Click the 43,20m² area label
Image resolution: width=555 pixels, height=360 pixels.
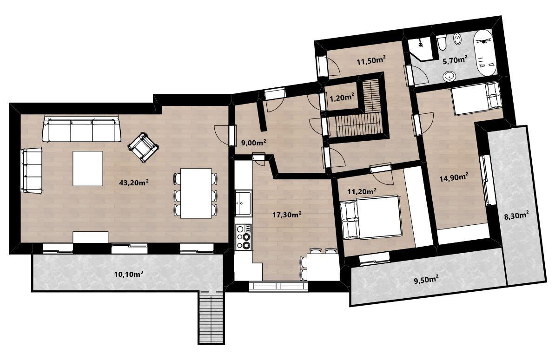(x=133, y=183)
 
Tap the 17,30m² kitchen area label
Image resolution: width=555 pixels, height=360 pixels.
(x=287, y=215)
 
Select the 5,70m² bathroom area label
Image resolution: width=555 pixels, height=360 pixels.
(x=455, y=60)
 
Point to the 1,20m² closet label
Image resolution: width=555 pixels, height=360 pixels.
(x=342, y=98)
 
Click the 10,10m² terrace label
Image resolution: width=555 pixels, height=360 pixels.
(x=128, y=274)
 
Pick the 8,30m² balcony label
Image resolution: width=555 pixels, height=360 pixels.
(x=516, y=215)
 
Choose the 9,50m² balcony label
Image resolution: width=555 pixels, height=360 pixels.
(x=426, y=280)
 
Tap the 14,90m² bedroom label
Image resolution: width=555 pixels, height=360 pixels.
(x=454, y=177)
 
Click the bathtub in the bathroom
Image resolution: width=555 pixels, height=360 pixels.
(x=484, y=52)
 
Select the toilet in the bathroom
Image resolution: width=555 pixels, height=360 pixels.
(x=442, y=43)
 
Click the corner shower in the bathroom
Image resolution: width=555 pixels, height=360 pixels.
(x=420, y=48)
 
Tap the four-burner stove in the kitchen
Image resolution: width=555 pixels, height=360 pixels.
(x=244, y=236)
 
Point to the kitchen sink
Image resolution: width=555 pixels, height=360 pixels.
(x=244, y=203)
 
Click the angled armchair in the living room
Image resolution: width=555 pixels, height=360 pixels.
(x=143, y=148)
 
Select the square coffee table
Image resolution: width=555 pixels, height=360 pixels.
(x=88, y=168)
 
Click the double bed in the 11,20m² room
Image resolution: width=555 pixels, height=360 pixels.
(x=370, y=217)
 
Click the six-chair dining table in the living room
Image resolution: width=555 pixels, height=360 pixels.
(x=196, y=193)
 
